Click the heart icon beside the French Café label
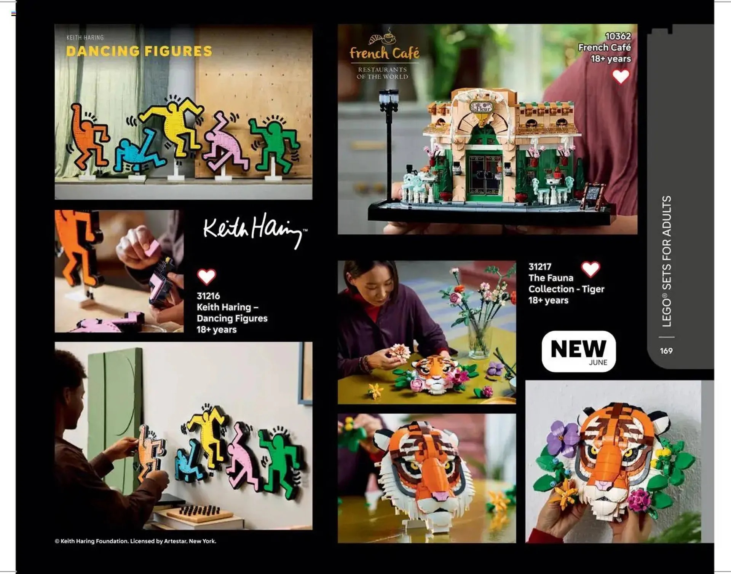click(621, 76)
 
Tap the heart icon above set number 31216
click(206, 277)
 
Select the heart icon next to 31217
click(591, 269)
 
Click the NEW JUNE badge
click(578, 351)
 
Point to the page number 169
click(666, 351)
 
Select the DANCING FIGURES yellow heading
click(139, 51)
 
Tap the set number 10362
click(618, 36)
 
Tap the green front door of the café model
click(484, 175)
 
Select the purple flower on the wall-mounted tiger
click(563, 438)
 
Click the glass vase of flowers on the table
click(479, 339)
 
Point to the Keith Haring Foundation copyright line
click(135, 541)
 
